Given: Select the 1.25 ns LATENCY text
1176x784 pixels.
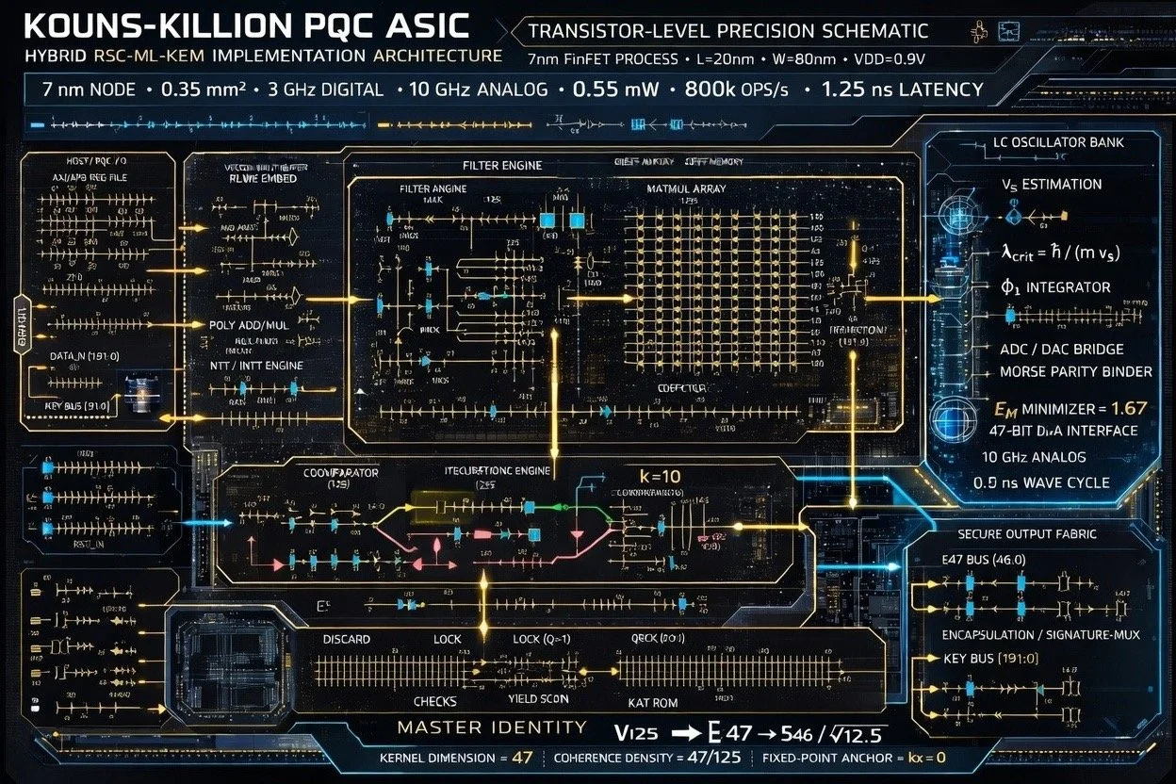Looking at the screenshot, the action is coord(902,90).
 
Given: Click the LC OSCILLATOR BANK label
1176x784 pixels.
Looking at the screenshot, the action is coord(1058,143).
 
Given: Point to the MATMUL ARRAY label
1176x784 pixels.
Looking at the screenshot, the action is coord(686,189).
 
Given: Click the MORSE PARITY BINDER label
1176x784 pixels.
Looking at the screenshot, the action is coord(1075,371).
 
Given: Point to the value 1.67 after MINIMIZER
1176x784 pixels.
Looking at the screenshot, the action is coord(1129,408).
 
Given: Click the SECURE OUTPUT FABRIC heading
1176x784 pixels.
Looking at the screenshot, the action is coord(1026,533).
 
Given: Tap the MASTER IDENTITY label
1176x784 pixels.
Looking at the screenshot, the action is coord(491,727).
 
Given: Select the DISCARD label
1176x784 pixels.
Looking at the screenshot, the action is coord(346,639).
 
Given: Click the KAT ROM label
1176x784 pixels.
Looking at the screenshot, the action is coord(652,702).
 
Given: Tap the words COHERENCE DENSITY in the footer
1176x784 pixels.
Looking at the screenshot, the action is coord(612,758).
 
